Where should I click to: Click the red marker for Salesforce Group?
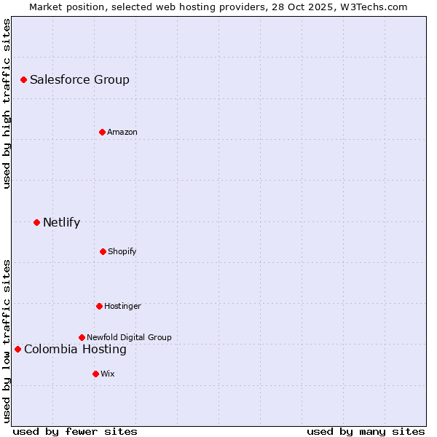tap(23, 79)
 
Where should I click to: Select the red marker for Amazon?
tap(102, 132)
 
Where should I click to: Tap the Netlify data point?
tap(36, 222)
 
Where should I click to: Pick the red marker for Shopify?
tap(103, 251)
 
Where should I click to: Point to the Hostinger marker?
tap(99, 306)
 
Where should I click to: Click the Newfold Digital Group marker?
tap(82, 337)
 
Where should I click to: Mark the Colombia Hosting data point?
tap(17, 349)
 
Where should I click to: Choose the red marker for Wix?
tap(95, 374)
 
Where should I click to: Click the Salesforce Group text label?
tap(79, 79)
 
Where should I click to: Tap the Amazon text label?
tap(122, 132)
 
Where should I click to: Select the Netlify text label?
tap(61, 222)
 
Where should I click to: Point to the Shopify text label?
tap(122, 251)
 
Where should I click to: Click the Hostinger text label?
tap(122, 306)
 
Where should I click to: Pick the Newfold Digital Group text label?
tap(129, 337)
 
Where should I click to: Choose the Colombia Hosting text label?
tap(75, 349)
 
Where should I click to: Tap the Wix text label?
tap(108, 374)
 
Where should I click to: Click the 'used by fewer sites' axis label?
tap(75, 431)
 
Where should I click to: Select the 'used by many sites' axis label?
tap(366, 431)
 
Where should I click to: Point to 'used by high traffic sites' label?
tap(7, 103)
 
